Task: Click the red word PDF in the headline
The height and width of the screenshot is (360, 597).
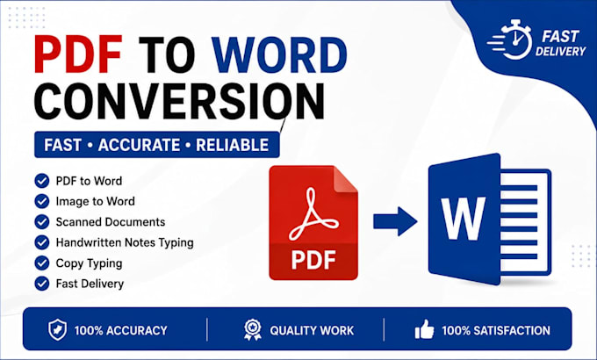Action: (x=78, y=54)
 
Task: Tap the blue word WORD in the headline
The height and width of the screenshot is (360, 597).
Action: (x=279, y=54)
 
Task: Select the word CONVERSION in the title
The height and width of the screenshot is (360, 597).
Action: (x=180, y=101)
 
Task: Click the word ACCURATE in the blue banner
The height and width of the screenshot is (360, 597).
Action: (x=139, y=145)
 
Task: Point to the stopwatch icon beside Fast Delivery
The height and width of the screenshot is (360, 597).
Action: (x=510, y=40)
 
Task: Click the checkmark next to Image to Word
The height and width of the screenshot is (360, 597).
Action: (x=42, y=201)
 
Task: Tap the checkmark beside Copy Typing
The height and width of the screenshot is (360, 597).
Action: (x=42, y=263)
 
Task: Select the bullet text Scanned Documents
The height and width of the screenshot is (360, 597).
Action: (x=111, y=222)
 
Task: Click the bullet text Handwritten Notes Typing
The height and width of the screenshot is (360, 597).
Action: (x=125, y=242)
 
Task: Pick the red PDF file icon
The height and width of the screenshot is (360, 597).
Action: (x=313, y=222)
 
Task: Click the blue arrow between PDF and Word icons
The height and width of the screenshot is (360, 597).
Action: (x=395, y=221)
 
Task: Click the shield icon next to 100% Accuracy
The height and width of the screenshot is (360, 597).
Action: (x=57, y=330)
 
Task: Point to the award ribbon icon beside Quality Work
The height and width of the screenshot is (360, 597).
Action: (x=253, y=330)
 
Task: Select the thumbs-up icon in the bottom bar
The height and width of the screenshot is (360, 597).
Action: (x=424, y=329)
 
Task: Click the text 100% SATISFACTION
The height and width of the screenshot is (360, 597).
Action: (x=496, y=330)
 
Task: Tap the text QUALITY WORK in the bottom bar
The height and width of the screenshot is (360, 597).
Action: (x=312, y=330)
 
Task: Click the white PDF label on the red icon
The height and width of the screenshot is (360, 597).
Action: (x=313, y=260)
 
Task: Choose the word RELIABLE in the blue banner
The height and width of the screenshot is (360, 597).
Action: (x=233, y=145)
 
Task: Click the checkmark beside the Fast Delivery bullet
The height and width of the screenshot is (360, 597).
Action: (x=42, y=284)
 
